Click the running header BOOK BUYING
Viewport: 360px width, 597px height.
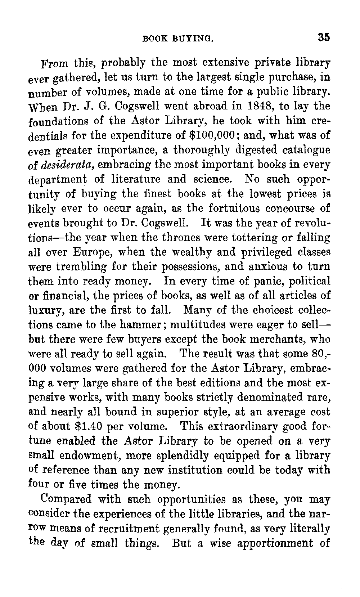click(178, 38)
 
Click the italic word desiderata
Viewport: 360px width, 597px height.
click(68, 165)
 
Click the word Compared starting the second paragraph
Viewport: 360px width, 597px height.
click(66, 500)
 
